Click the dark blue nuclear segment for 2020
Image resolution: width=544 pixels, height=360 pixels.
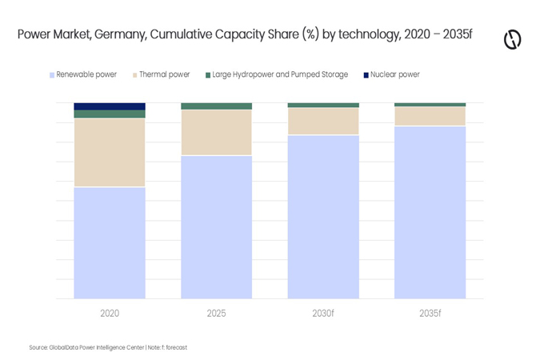coord(110,106)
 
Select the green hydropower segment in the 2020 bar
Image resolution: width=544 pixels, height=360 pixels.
coord(110,114)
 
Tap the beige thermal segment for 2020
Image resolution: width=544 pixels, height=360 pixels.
coord(110,153)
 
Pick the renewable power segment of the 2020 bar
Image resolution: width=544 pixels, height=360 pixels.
coord(110,243)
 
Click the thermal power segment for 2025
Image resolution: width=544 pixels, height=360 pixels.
coord(217,133)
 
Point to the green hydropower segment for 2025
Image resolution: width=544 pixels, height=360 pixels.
coord(217,106)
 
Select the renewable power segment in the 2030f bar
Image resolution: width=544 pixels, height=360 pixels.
coord(323,217)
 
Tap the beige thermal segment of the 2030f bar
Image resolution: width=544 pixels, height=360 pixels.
coord(323,121)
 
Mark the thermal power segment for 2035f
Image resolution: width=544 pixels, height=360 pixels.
coord(430,116)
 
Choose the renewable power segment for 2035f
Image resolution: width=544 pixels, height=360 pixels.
coord(430,213)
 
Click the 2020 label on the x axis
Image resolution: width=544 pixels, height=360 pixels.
coord(110,313)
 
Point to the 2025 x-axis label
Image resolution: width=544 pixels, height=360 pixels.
coord(217,313)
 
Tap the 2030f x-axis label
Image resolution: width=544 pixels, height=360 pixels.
coord(323,313)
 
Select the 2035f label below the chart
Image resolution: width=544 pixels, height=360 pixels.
coord(430,313)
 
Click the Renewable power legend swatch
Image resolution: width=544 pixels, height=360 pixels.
coord(52,75)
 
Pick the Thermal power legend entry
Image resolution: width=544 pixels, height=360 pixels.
coord(162,74)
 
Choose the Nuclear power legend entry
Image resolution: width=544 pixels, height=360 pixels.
coord(392,74)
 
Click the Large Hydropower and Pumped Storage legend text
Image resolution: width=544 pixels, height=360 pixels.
coord(280,74)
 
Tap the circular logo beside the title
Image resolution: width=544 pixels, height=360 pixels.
coord(513,39)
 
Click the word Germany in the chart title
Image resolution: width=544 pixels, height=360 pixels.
coord(120,34)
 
